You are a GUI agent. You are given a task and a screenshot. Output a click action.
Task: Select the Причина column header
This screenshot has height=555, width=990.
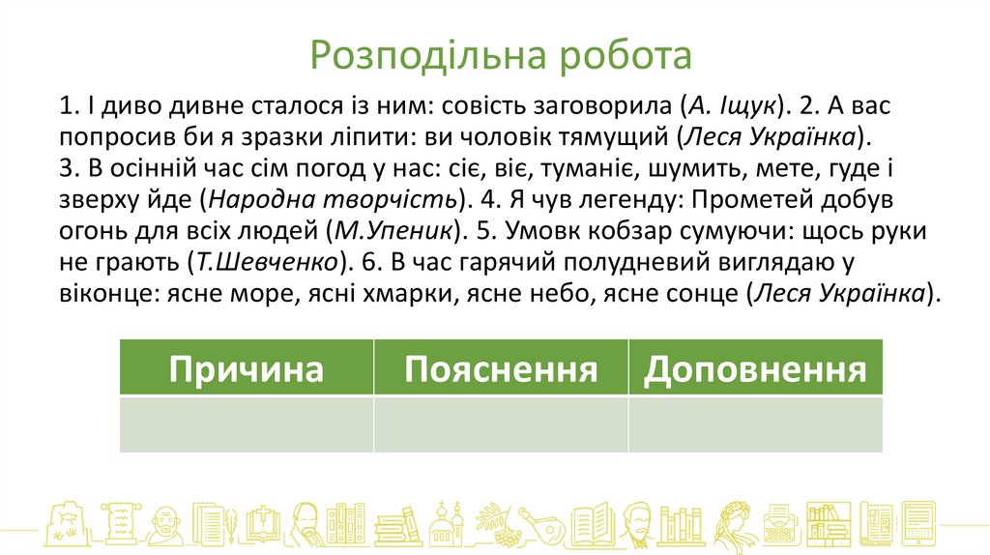click(x=246, y=369)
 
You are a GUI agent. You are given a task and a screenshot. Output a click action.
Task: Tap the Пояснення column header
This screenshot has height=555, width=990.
click(x=500, y=369)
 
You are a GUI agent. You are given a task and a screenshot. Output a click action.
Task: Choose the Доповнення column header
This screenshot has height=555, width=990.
click(x=755, y=369)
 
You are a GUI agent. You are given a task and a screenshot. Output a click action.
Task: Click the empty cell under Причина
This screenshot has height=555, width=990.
click(x=246, y=424)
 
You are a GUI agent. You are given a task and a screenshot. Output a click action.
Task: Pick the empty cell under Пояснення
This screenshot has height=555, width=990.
click(x=500, y=424)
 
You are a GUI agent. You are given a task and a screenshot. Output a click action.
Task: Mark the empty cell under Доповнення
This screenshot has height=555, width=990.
click(x=755, y=424)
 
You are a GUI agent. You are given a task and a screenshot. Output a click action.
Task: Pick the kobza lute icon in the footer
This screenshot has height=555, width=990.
click(x=538, y=525)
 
